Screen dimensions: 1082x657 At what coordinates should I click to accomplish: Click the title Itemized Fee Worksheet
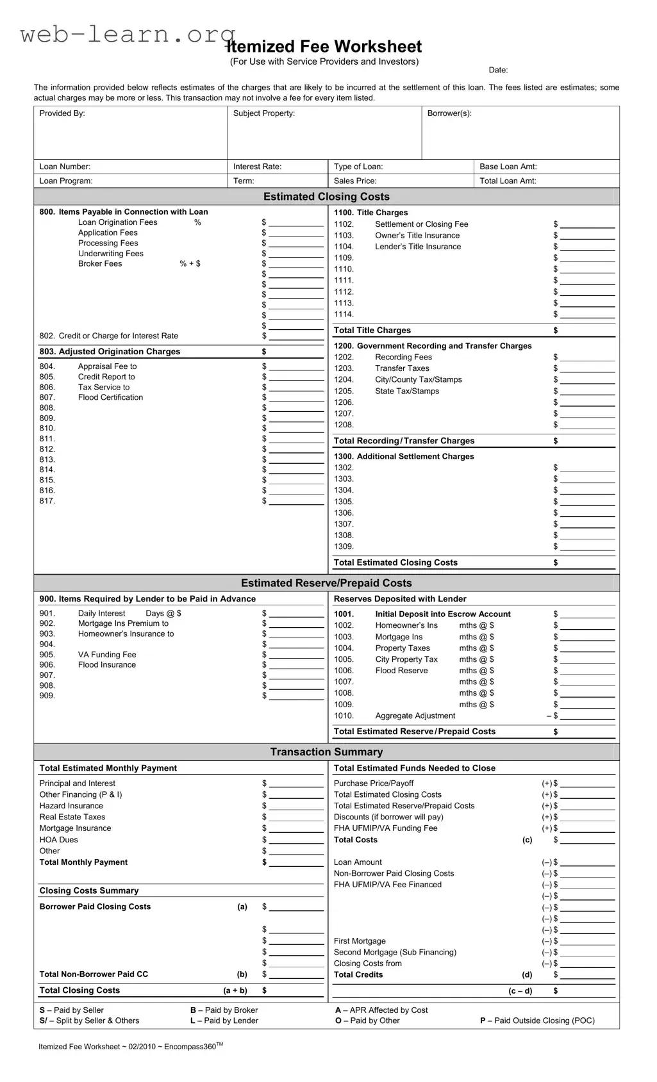pyautogui.click(x=324, y=47)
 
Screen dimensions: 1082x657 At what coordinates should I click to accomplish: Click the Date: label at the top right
pyautogui.click(x=498, y=70)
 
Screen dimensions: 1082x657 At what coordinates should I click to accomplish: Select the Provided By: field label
pyautogui.click(x=62, y=113)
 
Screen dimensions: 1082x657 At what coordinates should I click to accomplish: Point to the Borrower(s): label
pyautogui.click(x=449, y=113)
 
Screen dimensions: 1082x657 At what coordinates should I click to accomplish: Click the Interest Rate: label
pyautogui.click(x=257, y=167)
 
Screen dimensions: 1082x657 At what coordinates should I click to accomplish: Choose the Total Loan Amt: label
pyautogui.click(x=508, y=181)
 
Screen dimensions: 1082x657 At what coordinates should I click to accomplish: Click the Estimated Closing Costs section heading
pyautogui.click(x=326, y=197)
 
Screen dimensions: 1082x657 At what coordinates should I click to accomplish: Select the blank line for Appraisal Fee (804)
pyautogui.click(x=296, y=367)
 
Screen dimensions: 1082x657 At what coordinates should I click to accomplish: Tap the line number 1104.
pyautogui.click(x=344, y=247)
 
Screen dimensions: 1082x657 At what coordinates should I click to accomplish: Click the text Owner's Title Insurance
pyautogui.click(x=417, y=236)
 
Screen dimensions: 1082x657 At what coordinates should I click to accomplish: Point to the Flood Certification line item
pyautogui.click(x=110, y=398)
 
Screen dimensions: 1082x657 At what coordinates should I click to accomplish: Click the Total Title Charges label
pyautogui.click(x=372, y=331)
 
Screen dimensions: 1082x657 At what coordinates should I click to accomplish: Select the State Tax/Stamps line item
pyautogui.click(x=407, y=391)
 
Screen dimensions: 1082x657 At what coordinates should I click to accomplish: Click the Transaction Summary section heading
pyautogui.click(x=326, y=752)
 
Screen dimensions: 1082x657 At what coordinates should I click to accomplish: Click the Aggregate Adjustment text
pyautogui.click(x=415, y=716)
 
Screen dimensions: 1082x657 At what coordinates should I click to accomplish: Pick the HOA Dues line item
pyautogui.click(x=58, y=840)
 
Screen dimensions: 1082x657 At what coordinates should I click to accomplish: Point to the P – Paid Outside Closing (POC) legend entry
pyautogui.click(x=537, y=1021)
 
